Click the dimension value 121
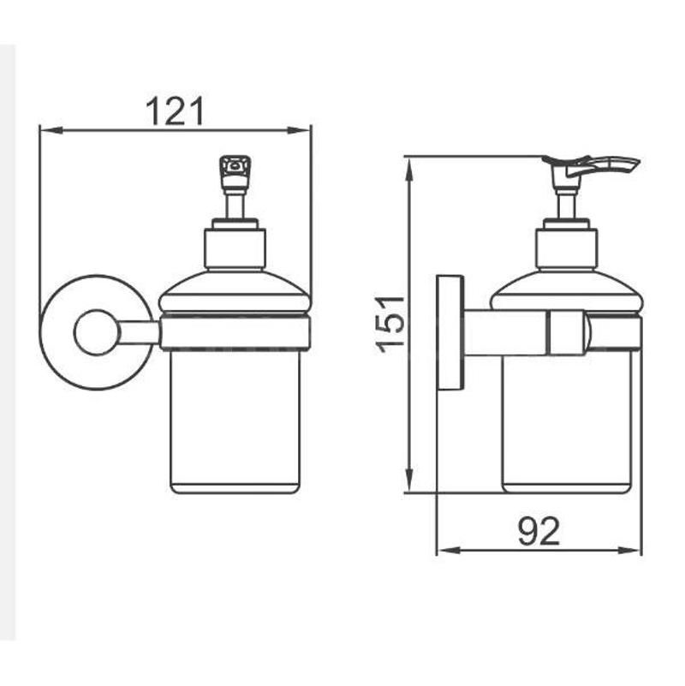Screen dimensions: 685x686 tap(175, 111)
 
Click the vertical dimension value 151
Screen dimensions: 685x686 tap(390, 325)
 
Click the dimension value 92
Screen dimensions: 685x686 tap(539, 531)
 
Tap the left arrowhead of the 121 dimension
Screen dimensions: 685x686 tap(51, 130)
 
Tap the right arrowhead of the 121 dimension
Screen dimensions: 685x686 tap(299, 130)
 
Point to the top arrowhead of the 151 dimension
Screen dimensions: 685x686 tap(409, 170)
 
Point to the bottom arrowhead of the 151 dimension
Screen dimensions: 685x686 tap(409, 480)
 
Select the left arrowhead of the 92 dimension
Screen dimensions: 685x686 tap(450, 550)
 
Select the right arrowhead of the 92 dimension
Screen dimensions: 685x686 tap(630, 550)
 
